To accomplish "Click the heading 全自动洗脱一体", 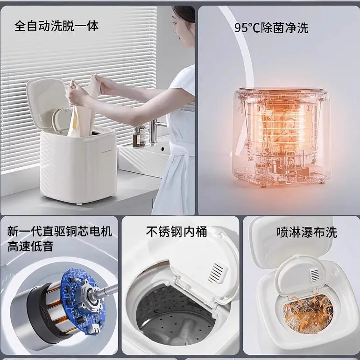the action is pos(56,26).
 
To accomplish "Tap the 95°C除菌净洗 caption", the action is pos(271,28).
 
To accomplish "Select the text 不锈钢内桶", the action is pos(176,232).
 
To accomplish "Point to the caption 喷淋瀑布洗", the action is pos(307,233).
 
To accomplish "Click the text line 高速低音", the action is pos(30,246).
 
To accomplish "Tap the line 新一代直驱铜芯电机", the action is pos(60,231).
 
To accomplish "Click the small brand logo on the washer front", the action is pos(106,151).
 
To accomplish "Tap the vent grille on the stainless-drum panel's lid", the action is pos(216,273).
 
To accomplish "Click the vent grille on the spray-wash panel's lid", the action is pos(314,275).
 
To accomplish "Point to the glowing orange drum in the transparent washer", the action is pos(284,128).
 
